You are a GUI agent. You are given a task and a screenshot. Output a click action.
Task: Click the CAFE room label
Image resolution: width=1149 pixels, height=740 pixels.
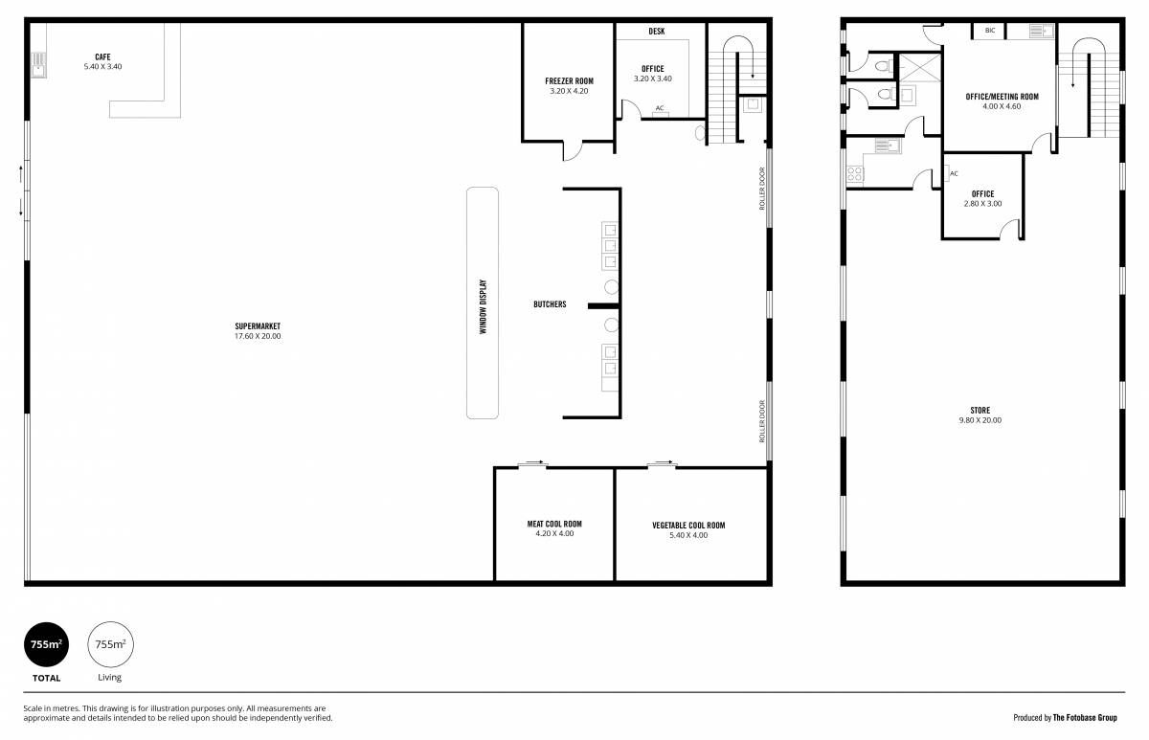(102, 56)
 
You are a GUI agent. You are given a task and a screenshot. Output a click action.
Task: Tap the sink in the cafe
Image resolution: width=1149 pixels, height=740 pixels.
(38, 65)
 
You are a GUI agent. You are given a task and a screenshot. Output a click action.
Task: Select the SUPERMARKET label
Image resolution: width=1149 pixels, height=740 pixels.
(258, 326)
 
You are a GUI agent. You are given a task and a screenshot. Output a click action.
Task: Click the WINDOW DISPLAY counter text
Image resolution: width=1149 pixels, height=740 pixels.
(483, 306)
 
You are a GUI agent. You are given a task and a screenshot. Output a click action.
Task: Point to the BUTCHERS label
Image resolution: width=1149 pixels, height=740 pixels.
(550, 304)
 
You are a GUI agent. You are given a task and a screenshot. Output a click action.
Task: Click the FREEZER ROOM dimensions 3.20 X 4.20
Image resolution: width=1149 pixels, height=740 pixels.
(569, 91)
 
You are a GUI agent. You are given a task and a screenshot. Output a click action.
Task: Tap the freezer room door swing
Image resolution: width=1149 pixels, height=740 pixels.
(573, 150)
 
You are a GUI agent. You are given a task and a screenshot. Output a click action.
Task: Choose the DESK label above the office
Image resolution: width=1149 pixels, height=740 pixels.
(657, 32)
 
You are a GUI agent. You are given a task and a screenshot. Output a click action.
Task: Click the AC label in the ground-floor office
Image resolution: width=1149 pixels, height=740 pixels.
(660, 108)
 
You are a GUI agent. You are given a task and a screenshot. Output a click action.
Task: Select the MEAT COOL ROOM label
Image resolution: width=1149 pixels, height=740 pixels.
(554, 524)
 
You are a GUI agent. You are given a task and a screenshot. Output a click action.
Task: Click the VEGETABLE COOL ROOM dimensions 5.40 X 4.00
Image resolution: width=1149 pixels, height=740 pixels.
(688, 535)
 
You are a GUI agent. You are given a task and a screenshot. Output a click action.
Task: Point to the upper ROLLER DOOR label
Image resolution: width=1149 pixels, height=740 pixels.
(762, 189)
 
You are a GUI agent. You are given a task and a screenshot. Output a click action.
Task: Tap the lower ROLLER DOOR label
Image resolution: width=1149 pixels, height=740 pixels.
(762, 421)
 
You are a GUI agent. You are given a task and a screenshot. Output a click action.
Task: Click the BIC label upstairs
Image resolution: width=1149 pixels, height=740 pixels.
(990, 31)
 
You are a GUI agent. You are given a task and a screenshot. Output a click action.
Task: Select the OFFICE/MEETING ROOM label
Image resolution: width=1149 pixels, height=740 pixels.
(1002, 97)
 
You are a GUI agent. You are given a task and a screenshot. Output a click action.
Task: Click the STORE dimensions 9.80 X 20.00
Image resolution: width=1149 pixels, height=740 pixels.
(980, 420)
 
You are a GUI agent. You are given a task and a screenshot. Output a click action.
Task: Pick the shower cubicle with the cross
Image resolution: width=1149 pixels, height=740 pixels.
(920, 67)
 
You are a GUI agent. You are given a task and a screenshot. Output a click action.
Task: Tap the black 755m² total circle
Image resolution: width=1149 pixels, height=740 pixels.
(46, 644)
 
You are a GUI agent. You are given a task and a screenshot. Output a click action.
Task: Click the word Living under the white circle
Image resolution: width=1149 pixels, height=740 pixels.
(110, 678)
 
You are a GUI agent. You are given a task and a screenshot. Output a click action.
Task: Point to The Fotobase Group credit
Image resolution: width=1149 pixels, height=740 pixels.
(1085, 718)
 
